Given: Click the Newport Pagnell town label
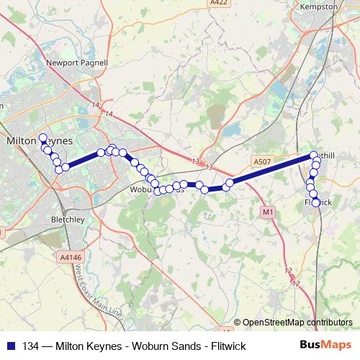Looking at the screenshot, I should pyautogui.click(x=77, y=63).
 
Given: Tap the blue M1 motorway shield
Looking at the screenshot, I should pyautogui.click(x=268, y=212).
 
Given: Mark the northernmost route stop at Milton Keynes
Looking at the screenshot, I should pyautogui.click(x=42, y=138).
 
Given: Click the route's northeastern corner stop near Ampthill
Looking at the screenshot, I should pyautogui.click(x=314, y=156).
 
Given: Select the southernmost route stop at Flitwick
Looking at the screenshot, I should pyautogui.click(x=315, y=203).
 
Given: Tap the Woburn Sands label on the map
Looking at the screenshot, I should pyautogui.click(x=155, y=190).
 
